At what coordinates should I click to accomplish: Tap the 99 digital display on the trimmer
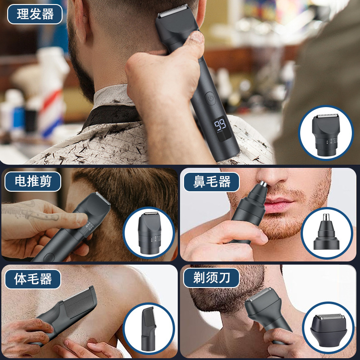coord(220,125)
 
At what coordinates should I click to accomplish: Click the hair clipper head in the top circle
coord(326,133)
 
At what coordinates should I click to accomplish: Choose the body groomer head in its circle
coord(148,327)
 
